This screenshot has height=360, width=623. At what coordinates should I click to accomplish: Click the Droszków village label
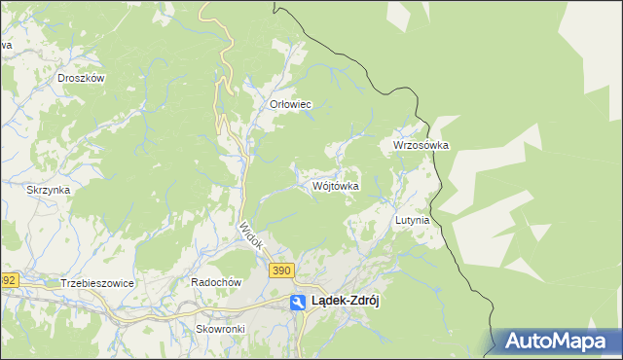click(x=81, y=78)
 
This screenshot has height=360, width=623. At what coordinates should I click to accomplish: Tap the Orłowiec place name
click(x=289, y=104)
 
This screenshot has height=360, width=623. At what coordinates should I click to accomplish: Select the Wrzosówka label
click(x=421, y=145)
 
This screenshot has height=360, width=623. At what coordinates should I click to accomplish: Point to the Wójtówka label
click(x=337, y=185)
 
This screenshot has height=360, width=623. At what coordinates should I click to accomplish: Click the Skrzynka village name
click(x=49, y=190)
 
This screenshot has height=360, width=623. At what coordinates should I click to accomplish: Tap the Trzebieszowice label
click(x=96, y=282)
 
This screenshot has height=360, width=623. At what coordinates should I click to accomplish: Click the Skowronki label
click(x=220, y=329)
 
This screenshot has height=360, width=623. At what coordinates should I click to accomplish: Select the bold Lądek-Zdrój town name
click(x=345, y=302)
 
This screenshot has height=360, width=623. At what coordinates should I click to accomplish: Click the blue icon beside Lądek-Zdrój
click(x=298, y=303)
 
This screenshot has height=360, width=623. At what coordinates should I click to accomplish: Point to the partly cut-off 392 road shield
click(x=8, y=280)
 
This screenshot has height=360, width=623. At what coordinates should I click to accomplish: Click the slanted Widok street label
click(x=250, y=236)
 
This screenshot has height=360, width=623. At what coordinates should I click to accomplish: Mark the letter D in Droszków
click(x=61, y=78)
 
